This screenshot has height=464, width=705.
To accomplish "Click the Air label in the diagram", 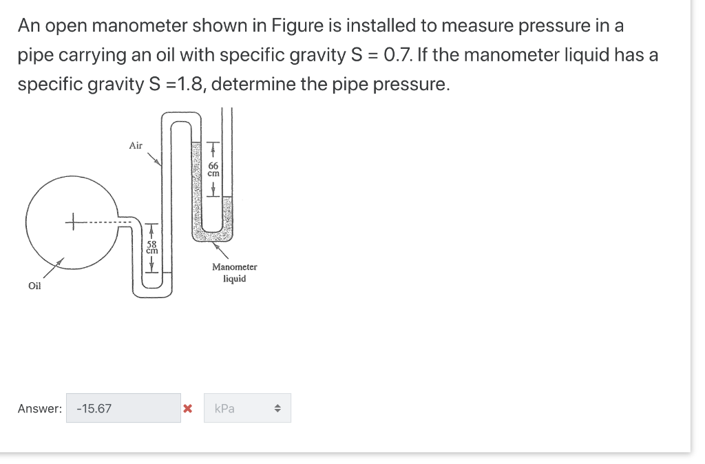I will click(x=136, y=145).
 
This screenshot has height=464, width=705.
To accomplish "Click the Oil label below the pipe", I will click(x=34, y=286).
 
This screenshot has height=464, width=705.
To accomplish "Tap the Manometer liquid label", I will click(x=234, y=273).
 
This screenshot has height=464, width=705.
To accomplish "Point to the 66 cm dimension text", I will click(x=213, y=169).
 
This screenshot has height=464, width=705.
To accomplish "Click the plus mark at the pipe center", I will click(x=71, y=222).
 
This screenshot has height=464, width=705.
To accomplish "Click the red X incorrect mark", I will click(x=187, y=409).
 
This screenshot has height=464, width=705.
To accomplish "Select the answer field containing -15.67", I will click(x=123, y=408).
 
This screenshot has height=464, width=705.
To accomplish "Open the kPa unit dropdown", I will click(x=246, y=408).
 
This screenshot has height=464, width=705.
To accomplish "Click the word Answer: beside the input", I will click(x=39, y=409).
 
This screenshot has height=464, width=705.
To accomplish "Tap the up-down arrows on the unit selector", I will click(x=277, y=408).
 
